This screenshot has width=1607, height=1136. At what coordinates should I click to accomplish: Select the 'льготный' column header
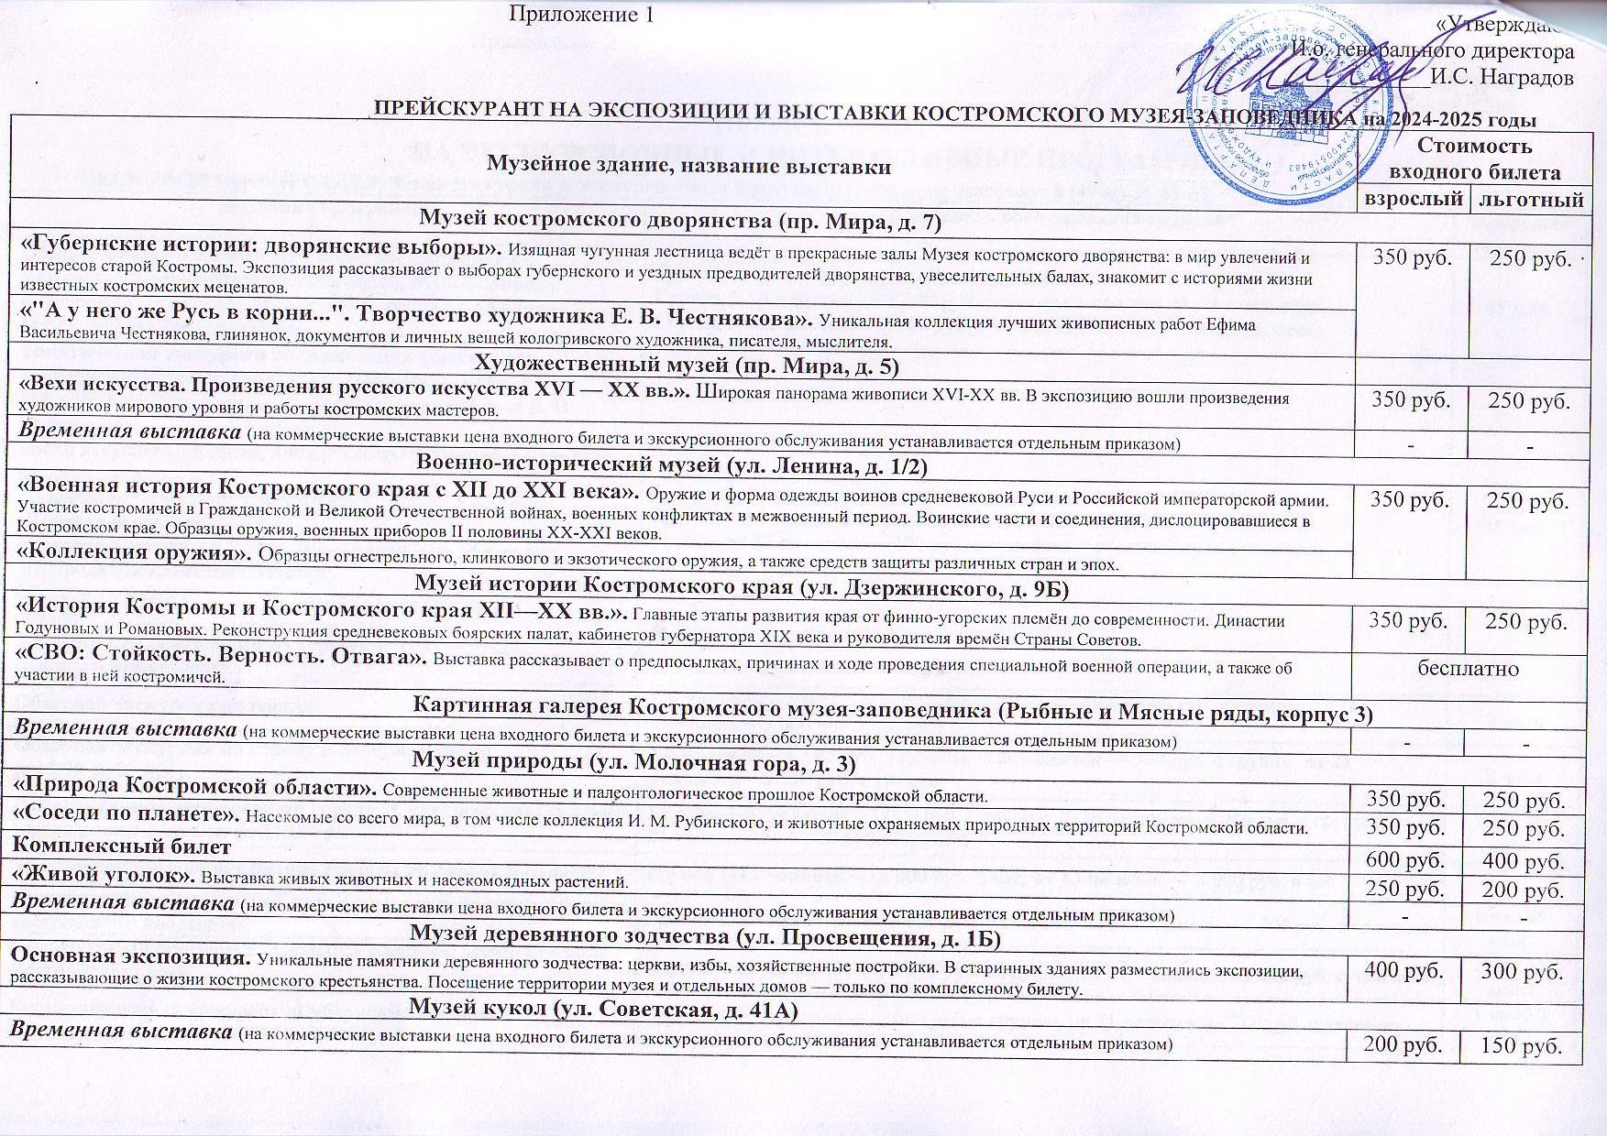tap(1526, 200)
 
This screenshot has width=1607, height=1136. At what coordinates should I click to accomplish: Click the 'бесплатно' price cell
tap(1468, 668)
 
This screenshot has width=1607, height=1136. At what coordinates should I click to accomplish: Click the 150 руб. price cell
tap(1525, 1046)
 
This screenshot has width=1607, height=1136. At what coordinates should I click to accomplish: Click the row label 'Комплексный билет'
tap(119, 847)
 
